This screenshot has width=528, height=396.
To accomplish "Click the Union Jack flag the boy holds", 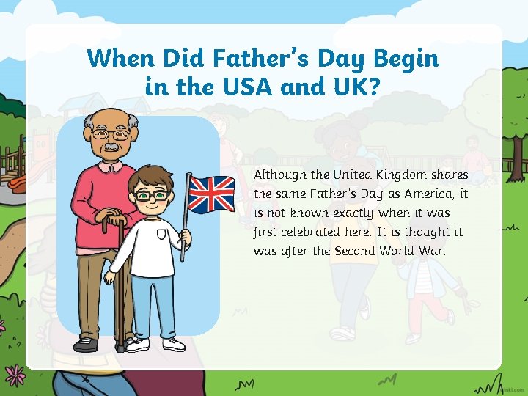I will click(x=211, y=193).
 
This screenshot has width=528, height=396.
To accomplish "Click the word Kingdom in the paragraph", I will click(x=402, y=175).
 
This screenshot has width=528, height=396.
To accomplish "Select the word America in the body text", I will click(x=423, y=194).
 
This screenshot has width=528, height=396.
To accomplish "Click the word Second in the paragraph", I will click(x=353, y=251).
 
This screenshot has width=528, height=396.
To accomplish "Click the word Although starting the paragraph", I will click(x=279, y=175).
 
